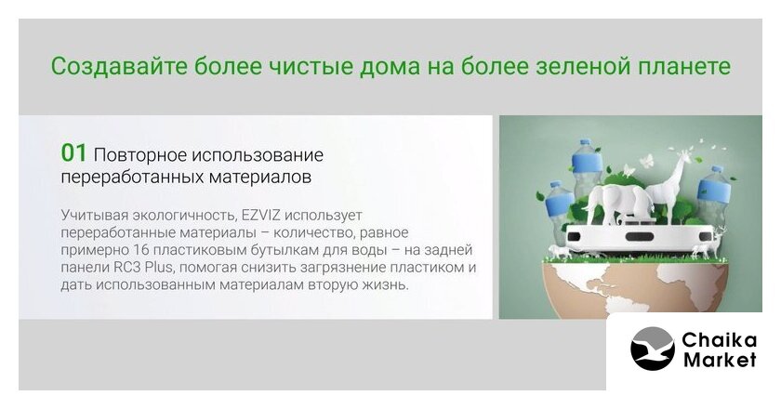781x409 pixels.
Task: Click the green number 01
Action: [x=73, y=153]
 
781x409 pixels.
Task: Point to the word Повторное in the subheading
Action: [x=139, y=155]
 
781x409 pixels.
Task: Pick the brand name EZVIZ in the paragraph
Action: [x=261, y=216]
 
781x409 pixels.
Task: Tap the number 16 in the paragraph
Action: [x=142, y=250]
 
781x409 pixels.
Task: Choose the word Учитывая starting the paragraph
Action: [x=94, y=216]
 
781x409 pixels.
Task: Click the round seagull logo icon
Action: [x=653, y=349]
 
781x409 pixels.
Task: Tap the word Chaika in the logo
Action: [x=719, y=340]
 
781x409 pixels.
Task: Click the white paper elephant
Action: [x=617, y=202]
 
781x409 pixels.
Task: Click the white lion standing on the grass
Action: [x=561, y=252]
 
